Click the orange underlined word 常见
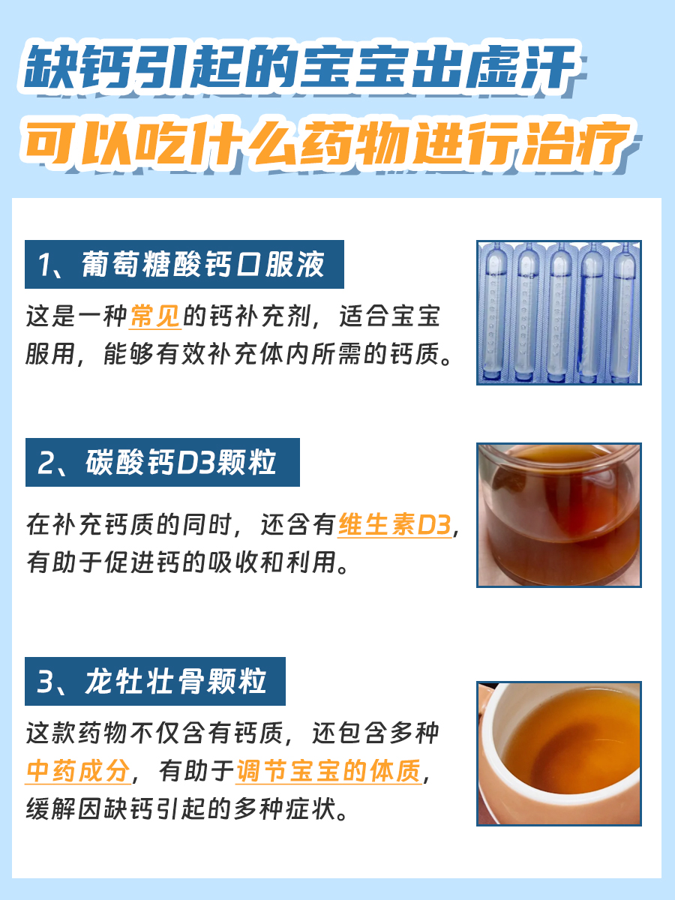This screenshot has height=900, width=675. point(155,316)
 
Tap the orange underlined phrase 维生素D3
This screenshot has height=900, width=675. point(394,525)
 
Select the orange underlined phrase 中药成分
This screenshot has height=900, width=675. point(78,771)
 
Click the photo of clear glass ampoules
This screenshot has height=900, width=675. point(559,312)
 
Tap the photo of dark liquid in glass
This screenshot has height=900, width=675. point(559,514)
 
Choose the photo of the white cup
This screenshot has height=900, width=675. point(559,753)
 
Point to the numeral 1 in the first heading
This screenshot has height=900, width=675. point(46,265)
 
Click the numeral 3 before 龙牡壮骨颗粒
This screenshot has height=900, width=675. point(46,682)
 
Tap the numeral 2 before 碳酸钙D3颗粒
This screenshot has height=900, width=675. point(46,463)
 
